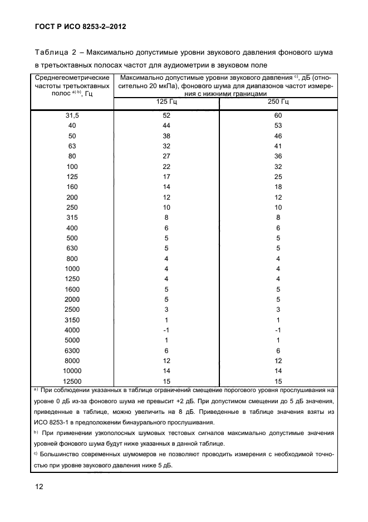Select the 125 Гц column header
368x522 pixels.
click(166, 102)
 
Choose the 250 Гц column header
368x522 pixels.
click(278, 102)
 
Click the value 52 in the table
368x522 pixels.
click(166, 115)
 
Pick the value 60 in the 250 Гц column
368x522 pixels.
click(278, 115)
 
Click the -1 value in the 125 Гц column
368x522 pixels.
click(166, 330)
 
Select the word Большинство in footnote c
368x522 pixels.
click(61, 455)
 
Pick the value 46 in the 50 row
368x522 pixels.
click(278, 136)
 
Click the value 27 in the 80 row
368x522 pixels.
click(166, 156)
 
